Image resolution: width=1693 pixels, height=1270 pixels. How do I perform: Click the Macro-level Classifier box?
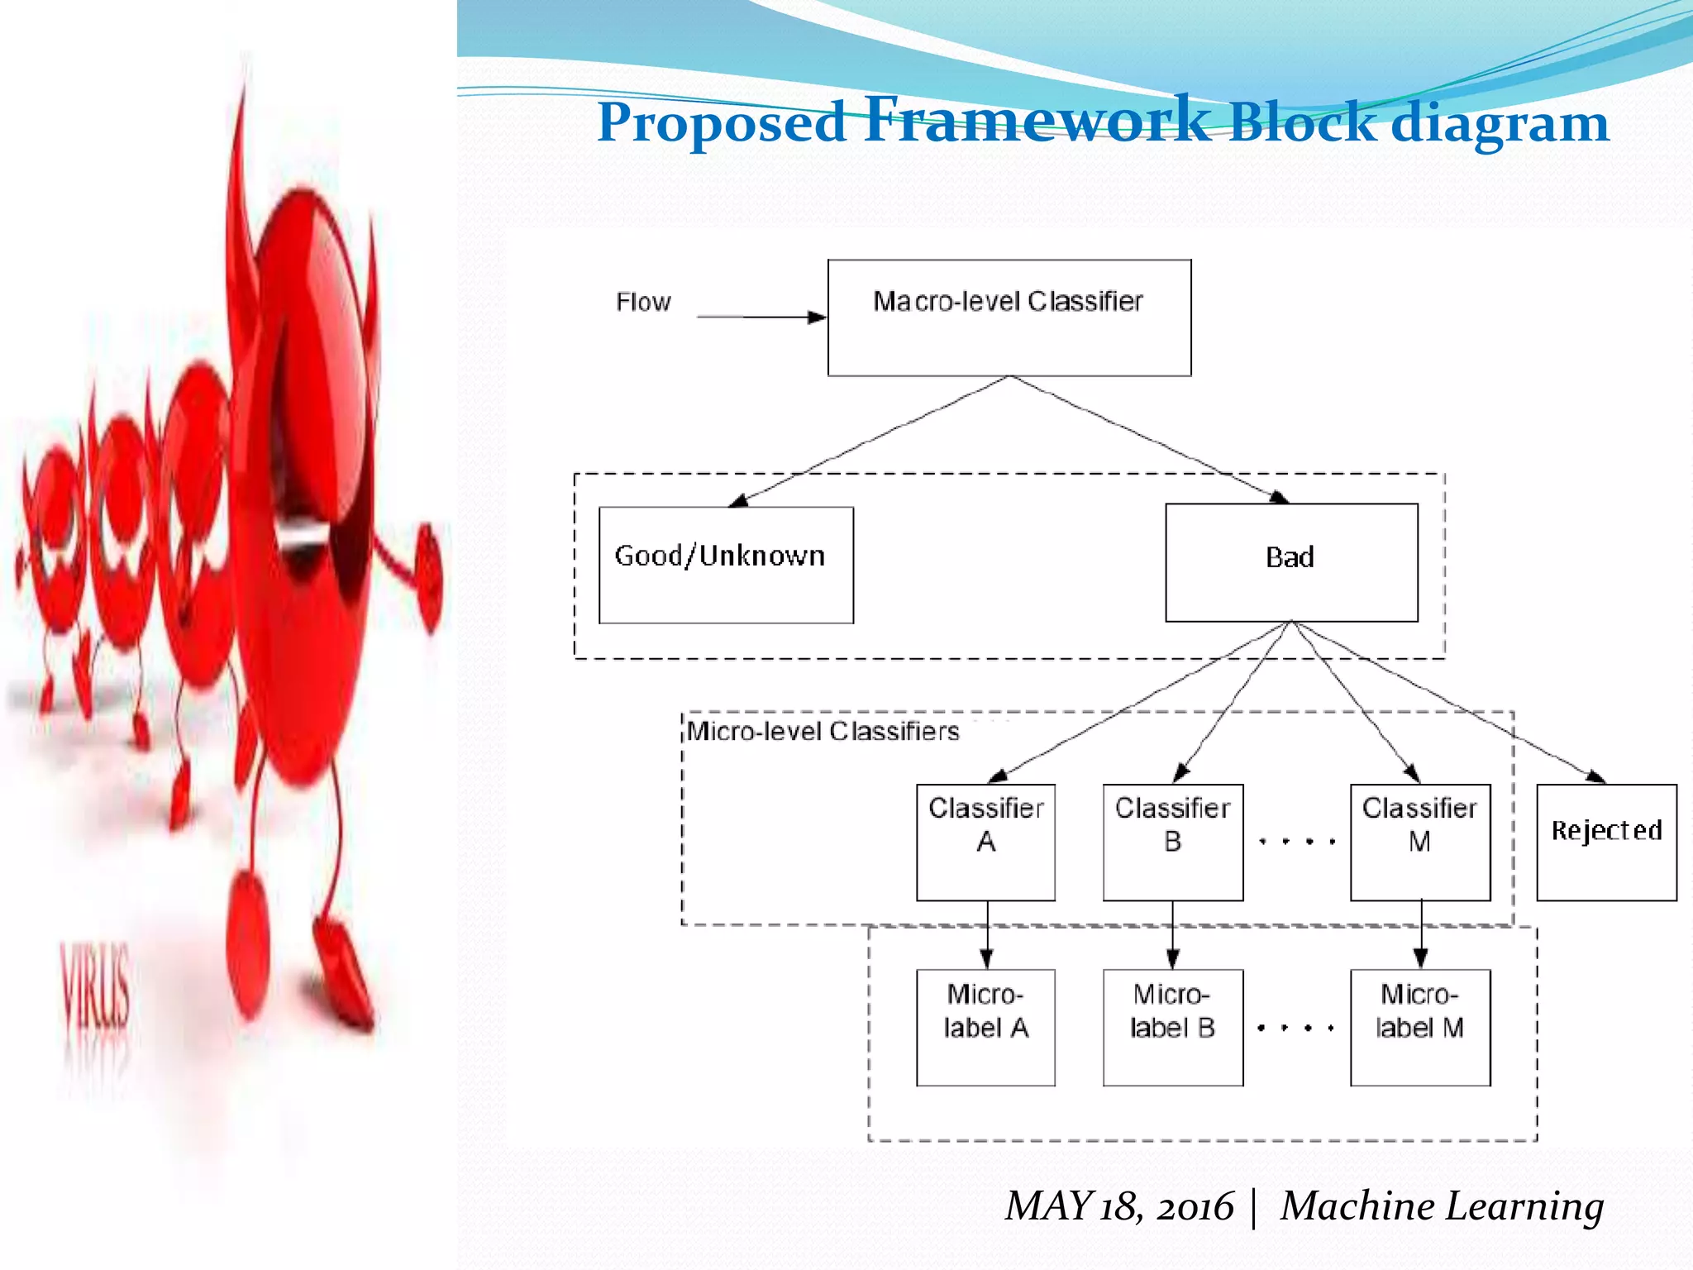pyautogui.click(x=1009, y=317)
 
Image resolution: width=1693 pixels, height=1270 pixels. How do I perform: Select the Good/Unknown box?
pyautogui.click(x=726, y=565)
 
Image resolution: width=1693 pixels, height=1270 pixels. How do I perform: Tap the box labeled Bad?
pyautogui.click(x=1291, y=562)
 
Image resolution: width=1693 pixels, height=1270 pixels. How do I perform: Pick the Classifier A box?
pyautogui.click(x=985, y=842)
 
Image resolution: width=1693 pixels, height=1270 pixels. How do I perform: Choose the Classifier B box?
pyautogui.click(x=1172, y=842)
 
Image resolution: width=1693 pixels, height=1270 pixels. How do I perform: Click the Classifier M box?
pyautogui.click(x=1420, y=842)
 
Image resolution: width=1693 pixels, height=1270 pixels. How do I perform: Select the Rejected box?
pyautogui.click(x=1606, y=842)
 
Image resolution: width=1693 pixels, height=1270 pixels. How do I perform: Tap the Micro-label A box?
pyautogui.click(x=985, y=1027)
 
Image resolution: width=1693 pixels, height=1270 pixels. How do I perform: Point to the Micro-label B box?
pyautogui.click(x=1172, y=1027)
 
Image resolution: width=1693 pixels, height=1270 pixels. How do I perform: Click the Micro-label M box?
pyautogui.click(x=1420, y=1027)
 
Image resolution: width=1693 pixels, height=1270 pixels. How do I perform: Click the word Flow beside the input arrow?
pyautogui.click(x=643, y=302)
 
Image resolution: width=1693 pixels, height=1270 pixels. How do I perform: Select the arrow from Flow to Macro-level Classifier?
pyautogui.click(x=761, y=317)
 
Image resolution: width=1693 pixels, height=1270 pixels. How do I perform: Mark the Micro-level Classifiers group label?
pyautogui.click(x=823, y=731)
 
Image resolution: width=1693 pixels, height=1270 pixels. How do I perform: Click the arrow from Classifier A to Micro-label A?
pyautogui.click(x=986, y=934)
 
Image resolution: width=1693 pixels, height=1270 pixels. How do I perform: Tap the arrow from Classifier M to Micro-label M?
pyautogui.click(x=1421, y=934)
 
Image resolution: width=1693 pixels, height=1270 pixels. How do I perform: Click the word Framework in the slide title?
pyautogui.click(x=1037, y=119)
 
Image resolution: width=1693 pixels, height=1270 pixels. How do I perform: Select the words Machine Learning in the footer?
pyautogui.click(x=1442, y=1206)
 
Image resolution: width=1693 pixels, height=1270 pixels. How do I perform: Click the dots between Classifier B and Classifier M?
pyautogui.click(x=1296, y=842)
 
